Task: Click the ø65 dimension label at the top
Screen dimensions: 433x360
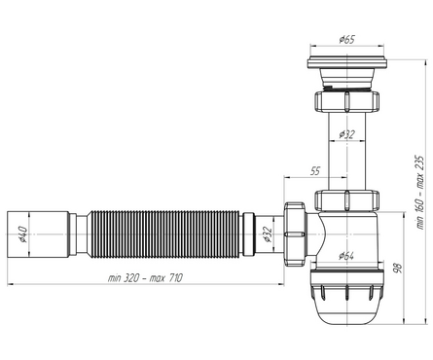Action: click(347, 40)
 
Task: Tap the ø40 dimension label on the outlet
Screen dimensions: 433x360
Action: click(22, 234)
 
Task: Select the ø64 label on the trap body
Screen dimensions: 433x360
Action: click(346, 256)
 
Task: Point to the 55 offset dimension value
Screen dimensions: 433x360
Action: click(315, 171)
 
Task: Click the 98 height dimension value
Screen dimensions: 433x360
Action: click(397, 268)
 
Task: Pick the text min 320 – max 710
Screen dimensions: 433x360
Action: click(145, 278)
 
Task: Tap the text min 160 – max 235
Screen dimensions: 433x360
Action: click(420, 193)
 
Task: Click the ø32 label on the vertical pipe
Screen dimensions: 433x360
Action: click(347, 134)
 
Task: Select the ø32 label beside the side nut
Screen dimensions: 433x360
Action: click(267, 234)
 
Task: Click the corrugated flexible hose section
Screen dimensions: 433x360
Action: click(164, 234)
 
